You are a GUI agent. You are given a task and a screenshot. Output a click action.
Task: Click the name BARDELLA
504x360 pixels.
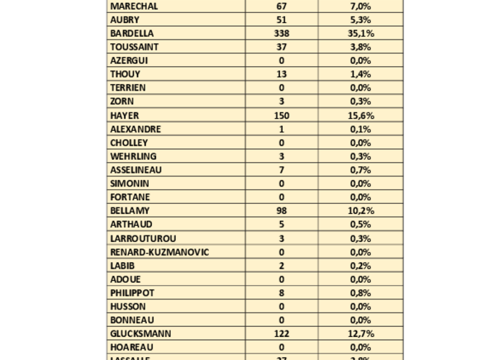132,33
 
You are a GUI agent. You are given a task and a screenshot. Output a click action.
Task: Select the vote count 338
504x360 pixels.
282,33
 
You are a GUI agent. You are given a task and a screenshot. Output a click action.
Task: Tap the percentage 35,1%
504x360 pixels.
361,33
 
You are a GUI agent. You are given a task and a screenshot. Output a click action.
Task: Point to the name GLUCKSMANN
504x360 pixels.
140,334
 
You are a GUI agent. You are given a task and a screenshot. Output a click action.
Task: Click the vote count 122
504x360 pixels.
282,334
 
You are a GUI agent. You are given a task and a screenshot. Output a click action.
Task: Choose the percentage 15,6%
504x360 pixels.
361,115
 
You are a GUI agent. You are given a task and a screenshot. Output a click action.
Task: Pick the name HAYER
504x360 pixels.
125,115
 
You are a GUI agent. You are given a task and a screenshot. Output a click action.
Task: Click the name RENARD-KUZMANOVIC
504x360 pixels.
160,252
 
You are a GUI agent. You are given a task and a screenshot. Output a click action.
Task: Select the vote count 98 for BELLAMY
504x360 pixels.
282,211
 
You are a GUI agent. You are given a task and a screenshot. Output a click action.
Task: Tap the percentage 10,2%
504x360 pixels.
361,211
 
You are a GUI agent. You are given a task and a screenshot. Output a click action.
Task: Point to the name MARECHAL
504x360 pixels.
134,6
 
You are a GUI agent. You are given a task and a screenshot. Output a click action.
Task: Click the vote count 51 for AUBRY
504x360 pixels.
282,19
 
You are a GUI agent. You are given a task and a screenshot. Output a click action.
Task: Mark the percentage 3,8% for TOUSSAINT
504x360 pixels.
361,47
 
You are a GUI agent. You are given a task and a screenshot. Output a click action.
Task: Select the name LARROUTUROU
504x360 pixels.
143,238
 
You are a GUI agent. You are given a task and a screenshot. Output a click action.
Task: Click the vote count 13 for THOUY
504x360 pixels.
282,74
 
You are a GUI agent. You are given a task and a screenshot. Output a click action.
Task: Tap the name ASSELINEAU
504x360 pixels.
136,170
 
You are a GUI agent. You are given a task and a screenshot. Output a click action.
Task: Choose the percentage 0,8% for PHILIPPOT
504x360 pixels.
361,293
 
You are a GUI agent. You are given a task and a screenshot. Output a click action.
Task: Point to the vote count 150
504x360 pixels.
282,115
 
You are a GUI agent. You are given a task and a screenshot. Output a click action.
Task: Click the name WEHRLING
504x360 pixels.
133,156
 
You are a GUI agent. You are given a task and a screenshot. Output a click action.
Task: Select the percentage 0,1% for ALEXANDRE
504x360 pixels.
361,129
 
